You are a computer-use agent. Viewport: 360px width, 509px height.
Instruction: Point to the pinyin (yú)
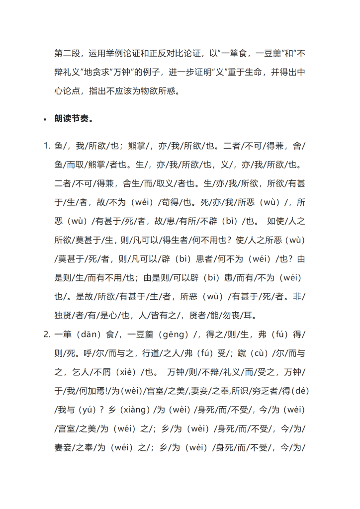pos(89,410)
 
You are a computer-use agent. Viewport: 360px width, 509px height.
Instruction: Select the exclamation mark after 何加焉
pos(112,391)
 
